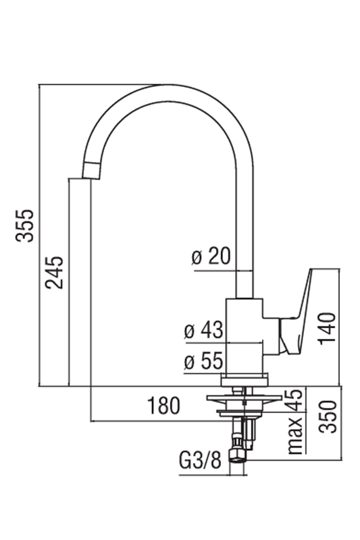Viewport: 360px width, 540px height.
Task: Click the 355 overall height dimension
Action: tap(25, 225)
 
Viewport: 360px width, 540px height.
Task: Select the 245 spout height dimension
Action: tap(55, 272)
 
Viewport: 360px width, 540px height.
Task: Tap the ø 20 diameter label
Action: tap(211, 256)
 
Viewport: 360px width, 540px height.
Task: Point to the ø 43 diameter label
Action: tap(203, 330)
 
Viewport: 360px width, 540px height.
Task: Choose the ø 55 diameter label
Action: tap(203, 362)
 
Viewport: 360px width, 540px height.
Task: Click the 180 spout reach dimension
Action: tap(163, 406)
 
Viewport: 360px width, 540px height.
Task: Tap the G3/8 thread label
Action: tap(200, 460)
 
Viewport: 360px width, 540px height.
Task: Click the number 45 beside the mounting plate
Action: tap(294, 400)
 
